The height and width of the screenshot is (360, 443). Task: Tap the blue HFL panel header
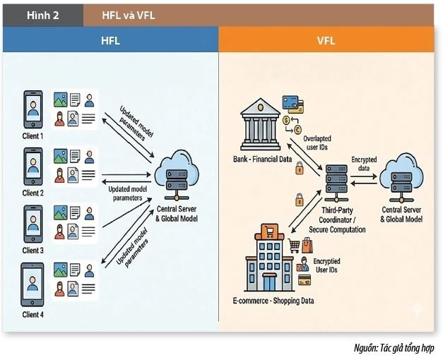point(110,41)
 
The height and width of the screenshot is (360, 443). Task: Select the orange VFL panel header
point(326,41)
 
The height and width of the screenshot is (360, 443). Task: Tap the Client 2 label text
point(33,193)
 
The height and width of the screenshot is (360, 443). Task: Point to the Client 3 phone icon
point(33,224)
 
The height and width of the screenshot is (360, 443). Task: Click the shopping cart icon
point(295,245)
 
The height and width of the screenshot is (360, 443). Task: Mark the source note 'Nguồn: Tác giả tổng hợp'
point(394,349)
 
